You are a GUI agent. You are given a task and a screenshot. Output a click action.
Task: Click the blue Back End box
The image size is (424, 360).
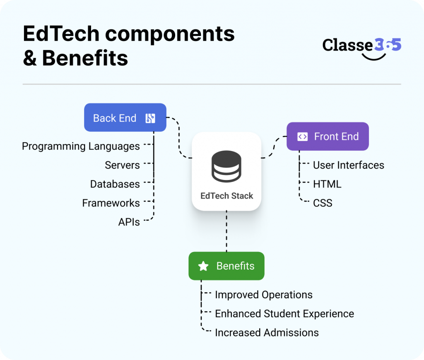click(125, 118)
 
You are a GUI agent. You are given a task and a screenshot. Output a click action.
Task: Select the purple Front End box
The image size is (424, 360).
click(328, 137)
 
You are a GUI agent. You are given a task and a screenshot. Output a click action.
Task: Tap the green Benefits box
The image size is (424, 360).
click(226, 266)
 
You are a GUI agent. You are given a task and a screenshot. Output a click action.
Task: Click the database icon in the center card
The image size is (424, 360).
click(226, 166)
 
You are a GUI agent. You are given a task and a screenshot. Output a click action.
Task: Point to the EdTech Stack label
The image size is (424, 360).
click(226, 196)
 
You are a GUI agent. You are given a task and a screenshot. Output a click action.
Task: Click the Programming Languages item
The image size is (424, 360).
click(81, 146)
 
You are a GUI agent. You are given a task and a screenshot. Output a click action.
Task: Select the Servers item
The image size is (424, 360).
click(122, 165)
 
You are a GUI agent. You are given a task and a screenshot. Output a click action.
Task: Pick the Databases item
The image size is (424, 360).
click(115, 184)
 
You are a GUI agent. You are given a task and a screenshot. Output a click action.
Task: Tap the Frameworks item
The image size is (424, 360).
click(111, 203)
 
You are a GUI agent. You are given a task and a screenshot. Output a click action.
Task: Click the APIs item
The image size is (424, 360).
click(129, 222)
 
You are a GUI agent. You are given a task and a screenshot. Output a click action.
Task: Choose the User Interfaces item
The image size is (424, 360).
click(348, 165)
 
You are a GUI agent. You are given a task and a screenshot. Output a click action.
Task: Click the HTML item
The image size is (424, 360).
click(327, 184)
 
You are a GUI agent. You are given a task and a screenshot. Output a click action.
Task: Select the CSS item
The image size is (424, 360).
click(323, 203)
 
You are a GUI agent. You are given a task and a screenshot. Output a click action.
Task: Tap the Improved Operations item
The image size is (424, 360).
click(263, 295)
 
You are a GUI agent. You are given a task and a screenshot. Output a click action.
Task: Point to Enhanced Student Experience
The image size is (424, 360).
click(284, 314)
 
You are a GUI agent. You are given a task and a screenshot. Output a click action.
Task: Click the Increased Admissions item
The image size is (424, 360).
click(267, 333)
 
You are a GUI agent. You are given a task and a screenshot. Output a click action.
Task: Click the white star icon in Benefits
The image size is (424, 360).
click(203, 266)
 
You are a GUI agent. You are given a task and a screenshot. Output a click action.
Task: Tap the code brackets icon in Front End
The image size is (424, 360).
click(303, 137)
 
